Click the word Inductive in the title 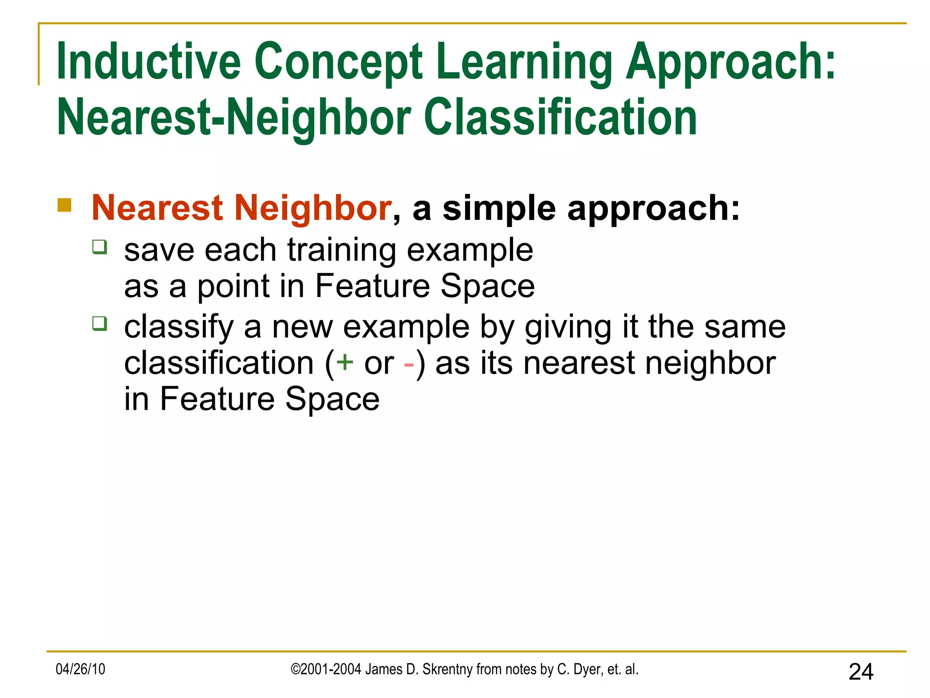[148, 61]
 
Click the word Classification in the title [560, 117]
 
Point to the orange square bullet [64, 205]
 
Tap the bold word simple [499, 209]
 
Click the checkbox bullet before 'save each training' [99, 247]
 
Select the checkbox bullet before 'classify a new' [99, 324]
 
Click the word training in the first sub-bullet [341, 251]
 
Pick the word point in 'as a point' [233, 287]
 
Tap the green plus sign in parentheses [345, 363]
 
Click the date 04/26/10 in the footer [80, 669]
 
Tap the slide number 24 [861, 672]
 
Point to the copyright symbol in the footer [295, 669]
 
